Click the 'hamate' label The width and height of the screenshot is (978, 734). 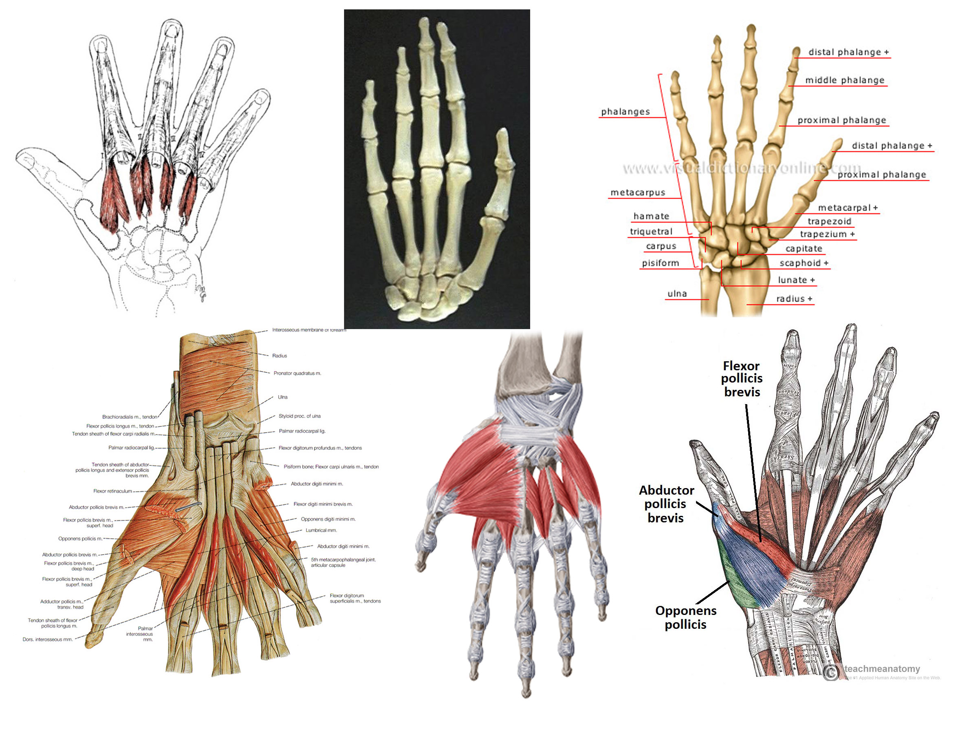[x=651, y=217]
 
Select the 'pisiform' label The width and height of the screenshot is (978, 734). [x=660, y=263]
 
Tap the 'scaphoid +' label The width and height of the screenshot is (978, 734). [x=804, y=263]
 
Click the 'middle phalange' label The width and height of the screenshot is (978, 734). [x=844, y=80]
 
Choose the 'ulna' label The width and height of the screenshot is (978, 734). [x=677, y=294]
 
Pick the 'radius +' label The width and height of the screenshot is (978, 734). [x=794, y=299]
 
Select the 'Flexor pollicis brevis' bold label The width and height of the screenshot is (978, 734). [x=742, y=379]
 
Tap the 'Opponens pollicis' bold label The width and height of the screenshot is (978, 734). [x=685, y=617]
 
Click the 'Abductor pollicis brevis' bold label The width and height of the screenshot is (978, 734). [x=666, y=504]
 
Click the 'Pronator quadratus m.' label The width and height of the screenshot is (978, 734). [x=297, y=374]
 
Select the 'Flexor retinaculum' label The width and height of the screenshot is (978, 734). [x=112, y=491]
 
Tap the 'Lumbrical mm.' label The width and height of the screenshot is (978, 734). [x=321, y=530]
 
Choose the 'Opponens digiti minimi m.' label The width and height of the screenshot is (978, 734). [x=328, y=519]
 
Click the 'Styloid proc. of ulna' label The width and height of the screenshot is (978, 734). [x=300, y=416]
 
